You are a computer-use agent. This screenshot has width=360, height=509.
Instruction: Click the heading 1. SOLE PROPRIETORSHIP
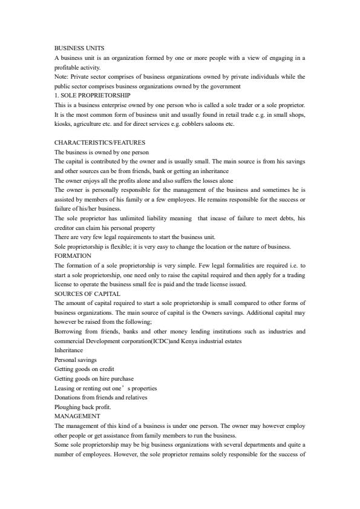92,95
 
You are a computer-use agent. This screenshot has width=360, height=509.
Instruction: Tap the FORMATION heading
73,256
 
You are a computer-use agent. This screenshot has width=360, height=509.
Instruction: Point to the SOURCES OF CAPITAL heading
87,294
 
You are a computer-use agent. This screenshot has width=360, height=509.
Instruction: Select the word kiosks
63,123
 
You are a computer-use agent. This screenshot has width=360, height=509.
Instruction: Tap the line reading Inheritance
69,350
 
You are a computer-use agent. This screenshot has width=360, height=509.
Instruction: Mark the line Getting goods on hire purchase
93,378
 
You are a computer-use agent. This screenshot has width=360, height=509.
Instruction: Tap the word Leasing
64,388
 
